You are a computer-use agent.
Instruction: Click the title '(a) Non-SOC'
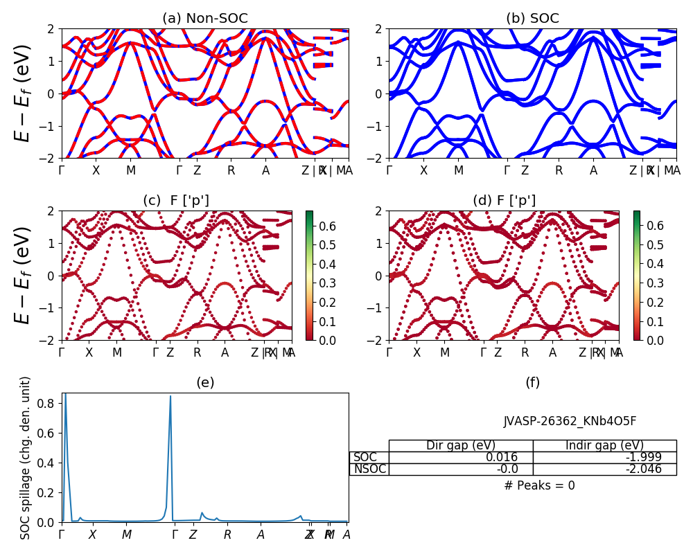(x=204, y=19)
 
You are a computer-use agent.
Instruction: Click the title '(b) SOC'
(x=532, y=19)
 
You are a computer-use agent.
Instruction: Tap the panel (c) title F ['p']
(x=176, y=201)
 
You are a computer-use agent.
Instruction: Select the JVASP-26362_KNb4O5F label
(x=570, y=421)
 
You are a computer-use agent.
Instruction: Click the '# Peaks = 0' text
(x=539, y=485)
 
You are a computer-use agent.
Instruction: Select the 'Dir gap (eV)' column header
(x=461, y=445)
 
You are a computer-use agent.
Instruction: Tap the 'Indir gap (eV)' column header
(x=604, y=445)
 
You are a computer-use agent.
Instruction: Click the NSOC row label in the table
(x=369, y=469)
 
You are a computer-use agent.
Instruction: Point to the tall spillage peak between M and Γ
(x=170, y=397)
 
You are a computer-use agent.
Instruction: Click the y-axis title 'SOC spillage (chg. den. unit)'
(x=26, y=458)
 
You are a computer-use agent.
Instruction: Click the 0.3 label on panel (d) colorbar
(x=655, y=283)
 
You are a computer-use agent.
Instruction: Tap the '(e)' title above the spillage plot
(x=204, y=383)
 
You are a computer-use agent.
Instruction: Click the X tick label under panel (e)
(x=92, y=535)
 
